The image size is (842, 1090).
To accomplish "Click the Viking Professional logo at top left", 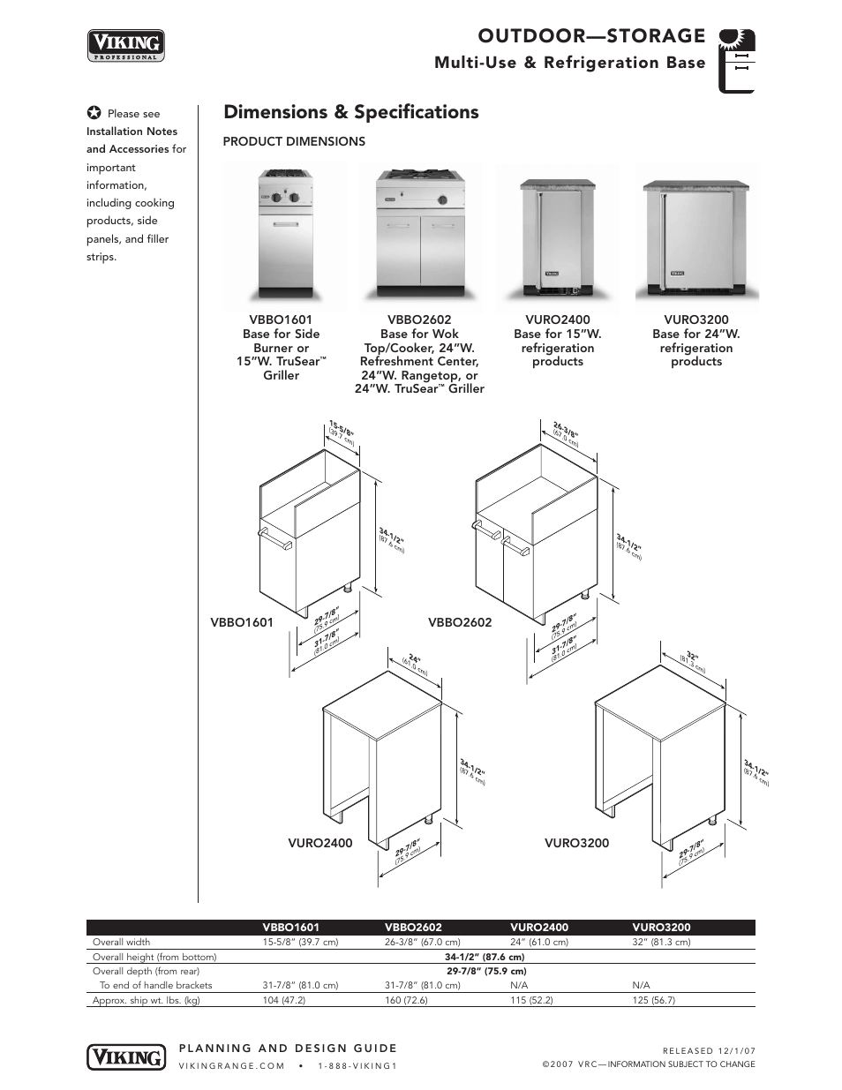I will tap(125, 44).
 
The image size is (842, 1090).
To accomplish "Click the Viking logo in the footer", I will tap(125, 1056).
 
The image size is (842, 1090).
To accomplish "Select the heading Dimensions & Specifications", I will tap(351, 112).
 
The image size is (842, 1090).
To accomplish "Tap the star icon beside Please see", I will tap(94, 113).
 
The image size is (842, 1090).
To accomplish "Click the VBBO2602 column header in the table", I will tap(413, 928).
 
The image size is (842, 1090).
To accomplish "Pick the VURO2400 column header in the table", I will tap(538, 928).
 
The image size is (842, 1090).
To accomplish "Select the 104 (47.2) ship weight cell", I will tap(283, 1000).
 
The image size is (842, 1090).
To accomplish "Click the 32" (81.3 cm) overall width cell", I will tap(661, 942).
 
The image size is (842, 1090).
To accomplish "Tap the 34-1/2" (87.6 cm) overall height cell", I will tap(485, 957).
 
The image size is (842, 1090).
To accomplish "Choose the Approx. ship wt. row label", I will tap(146, 1000).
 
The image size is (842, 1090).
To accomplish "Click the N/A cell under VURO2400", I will tap(519, 985).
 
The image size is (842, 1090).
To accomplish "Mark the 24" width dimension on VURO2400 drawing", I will tap(413, 662).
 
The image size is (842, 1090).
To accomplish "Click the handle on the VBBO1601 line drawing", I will tap(274, 539).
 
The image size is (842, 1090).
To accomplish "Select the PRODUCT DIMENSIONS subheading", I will tap(293, 141).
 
